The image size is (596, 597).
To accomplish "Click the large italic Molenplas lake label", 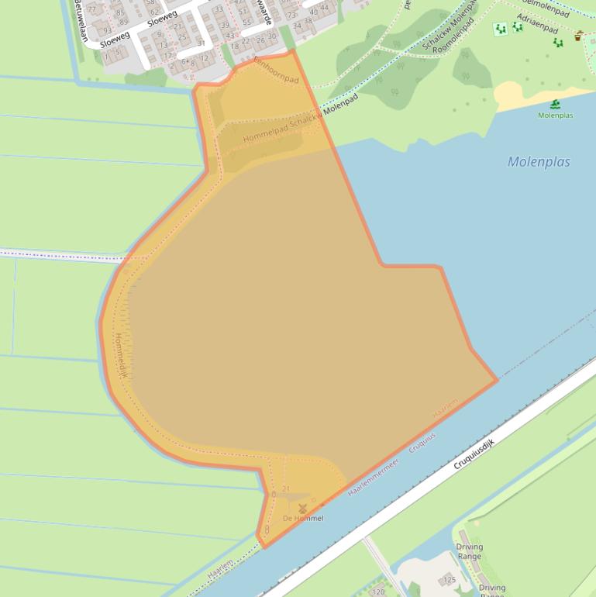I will coord(539,162).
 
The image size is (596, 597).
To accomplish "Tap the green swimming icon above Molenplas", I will coord(555,105).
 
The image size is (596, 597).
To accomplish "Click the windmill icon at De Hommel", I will coord(302,508).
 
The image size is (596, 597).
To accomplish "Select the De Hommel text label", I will coord(303,518).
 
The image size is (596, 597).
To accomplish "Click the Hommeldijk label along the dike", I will coord(119,357).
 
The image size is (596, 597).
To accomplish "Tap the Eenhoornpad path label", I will coord(277,70).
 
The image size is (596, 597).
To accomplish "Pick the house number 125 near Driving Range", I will coord(449,579).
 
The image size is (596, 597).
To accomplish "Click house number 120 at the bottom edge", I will coord(378,592).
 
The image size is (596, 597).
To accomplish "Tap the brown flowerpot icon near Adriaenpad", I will coord(579,35).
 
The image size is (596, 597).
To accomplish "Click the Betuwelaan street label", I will coord(78,12).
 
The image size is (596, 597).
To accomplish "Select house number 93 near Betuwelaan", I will coord(106,32).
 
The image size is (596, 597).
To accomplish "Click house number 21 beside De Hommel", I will coord(285,488).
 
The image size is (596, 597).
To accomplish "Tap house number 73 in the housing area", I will coord(291,15).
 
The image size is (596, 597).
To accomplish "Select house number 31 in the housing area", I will coord(201,43).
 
